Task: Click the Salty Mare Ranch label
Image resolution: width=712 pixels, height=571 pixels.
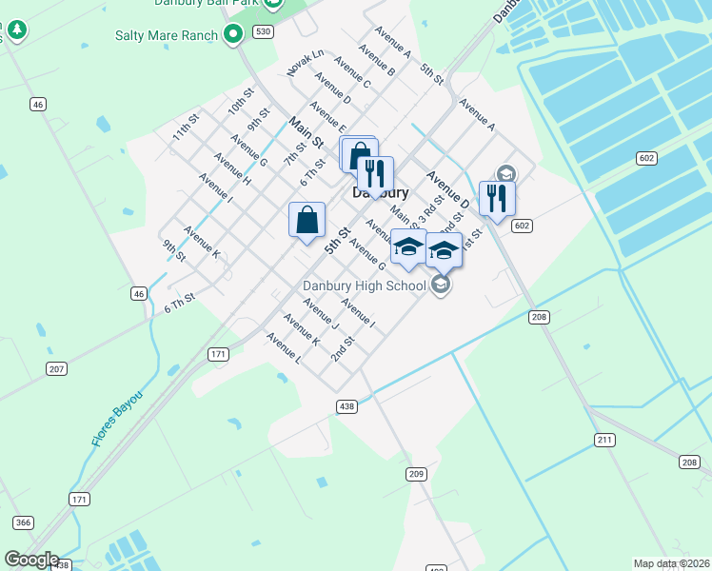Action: pyautogui.click(x=168, y=36)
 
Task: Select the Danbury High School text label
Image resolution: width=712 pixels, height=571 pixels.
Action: pyautogui.click(x=364, y=285)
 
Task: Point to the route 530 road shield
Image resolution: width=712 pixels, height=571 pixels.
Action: pyautogui.click(x=263, y=32)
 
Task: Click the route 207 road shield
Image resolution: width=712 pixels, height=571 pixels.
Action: pyautogui.click(x=56, y=368)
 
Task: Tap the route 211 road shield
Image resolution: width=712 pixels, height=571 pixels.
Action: pyautogui.click(x=603, y=440)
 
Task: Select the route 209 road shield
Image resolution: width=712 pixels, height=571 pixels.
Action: pyautogui.click(x=416, y=474)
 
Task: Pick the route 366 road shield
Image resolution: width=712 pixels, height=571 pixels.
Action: pyautogui.click(x=24, y=522)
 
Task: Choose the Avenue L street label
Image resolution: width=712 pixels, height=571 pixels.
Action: pyautogui.click(x=284, y=348)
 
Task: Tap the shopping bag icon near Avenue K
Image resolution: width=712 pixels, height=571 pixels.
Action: pyautogui.click(x=307, y=220)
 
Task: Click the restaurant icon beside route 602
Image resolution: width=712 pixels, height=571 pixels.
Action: pyautogui.click(x=497, y=198)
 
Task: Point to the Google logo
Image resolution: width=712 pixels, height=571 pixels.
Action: pyautogui.click(x=31, y=560)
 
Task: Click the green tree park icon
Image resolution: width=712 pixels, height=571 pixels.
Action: pyautogui.click(x=17, y=31)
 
